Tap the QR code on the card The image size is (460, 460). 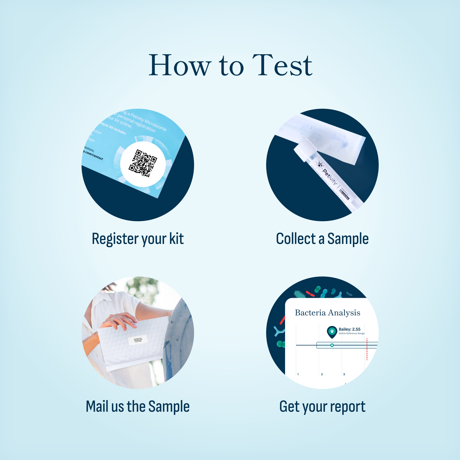click(143, 163)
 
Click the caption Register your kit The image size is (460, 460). click(138, 239)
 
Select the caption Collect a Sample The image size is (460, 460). click(322, 239)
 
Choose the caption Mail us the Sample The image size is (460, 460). click(137, 407)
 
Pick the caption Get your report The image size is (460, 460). click(322, 407)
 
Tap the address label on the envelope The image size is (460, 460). click(138, 340)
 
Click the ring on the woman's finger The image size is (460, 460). click(113, 319)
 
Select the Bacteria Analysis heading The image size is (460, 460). click(327, 313)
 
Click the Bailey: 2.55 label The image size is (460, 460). click(349, 329)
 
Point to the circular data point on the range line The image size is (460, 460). click(332, 345)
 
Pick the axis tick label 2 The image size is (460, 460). click(322, 374)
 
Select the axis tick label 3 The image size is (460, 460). click(344, 374)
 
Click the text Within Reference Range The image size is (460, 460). click(351, 334)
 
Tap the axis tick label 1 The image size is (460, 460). click(298, 374)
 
